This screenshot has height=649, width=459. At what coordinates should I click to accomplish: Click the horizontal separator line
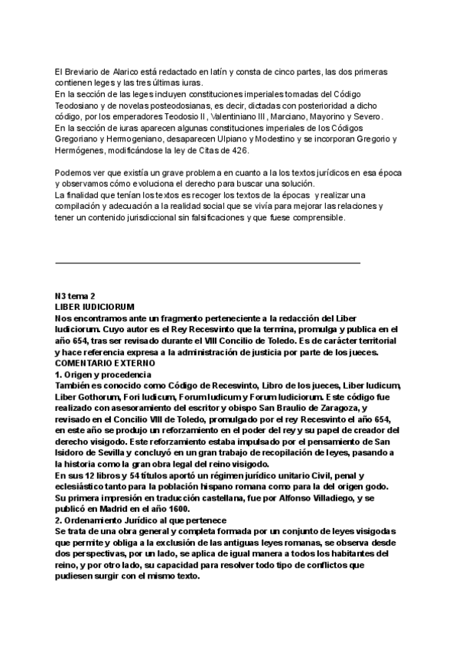(207, 263)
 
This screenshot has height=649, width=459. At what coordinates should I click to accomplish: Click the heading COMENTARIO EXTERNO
(105, 363)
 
